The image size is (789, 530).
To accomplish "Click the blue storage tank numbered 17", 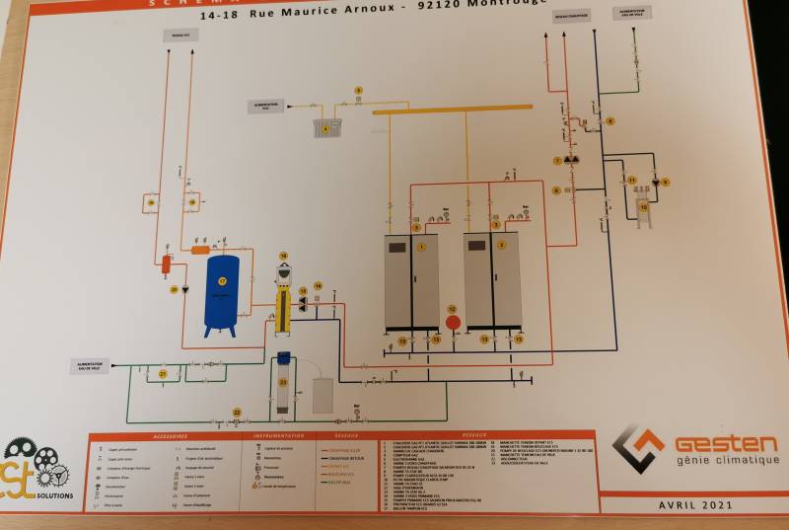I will (x=223, y=289).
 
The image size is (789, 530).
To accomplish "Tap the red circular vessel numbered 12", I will (x=454, y=321).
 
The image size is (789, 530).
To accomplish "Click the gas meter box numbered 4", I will (x=327, y=127).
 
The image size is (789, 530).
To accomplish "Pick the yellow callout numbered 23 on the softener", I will (x=284, y=380).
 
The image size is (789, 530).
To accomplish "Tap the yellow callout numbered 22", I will (x=236, y=412).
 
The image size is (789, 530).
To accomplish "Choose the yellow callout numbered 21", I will (x=163, y=374).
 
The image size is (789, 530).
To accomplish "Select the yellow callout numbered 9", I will (x=665, y=182).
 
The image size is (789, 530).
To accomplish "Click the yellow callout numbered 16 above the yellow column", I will (x=283, y=256).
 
